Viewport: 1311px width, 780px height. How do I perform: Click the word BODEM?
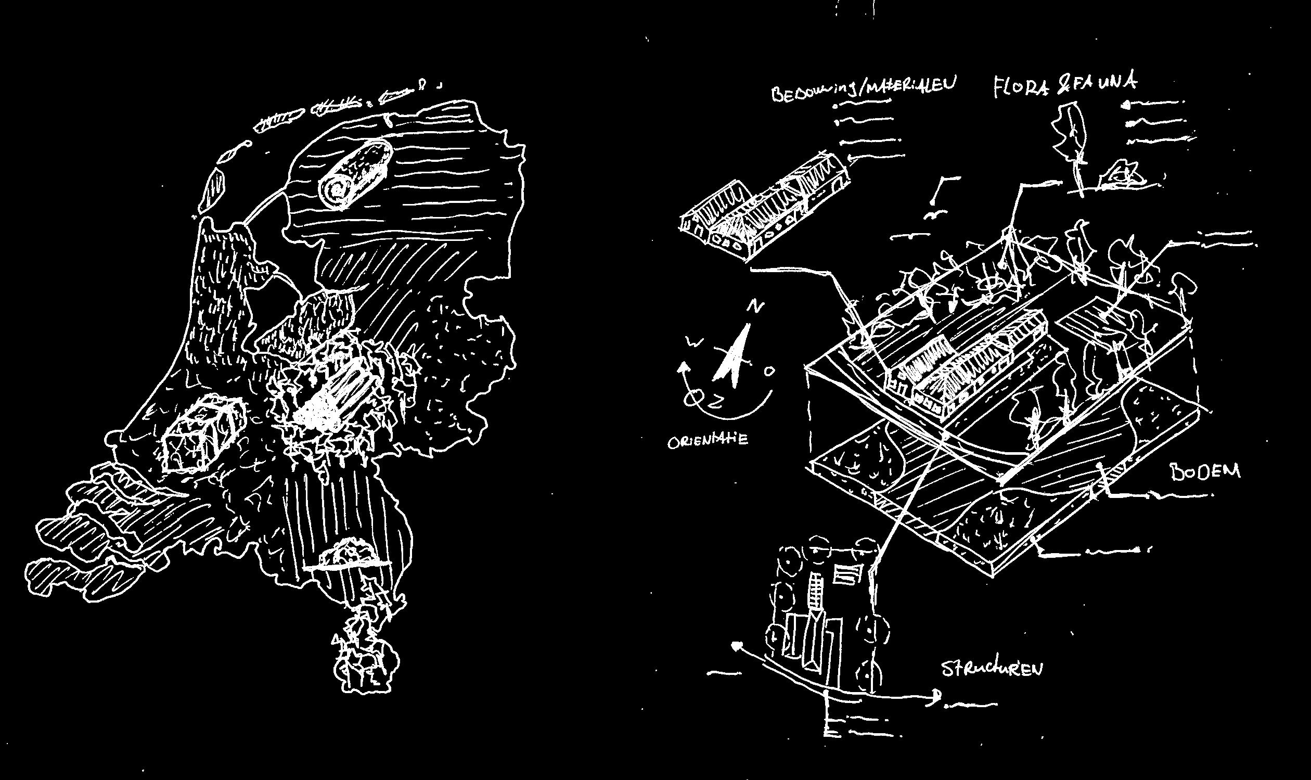coord(1204,471)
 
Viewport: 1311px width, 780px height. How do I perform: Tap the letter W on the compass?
coord(694,343)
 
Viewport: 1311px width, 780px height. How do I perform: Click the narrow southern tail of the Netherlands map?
coord(363,657)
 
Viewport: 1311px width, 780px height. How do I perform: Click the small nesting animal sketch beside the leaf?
coord(1123,177)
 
